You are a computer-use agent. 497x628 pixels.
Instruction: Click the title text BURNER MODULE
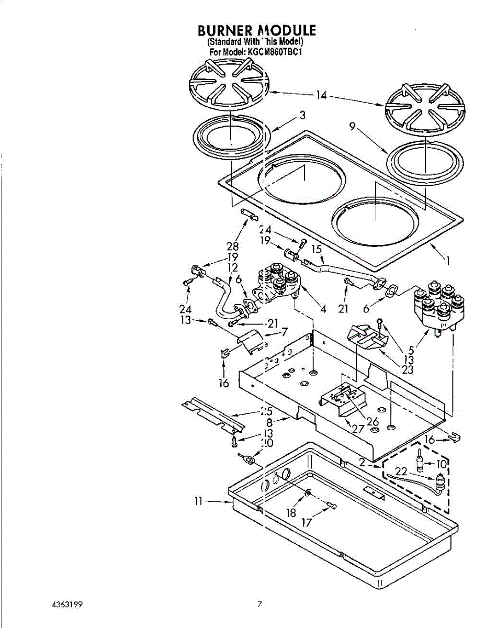[x=257, y=30]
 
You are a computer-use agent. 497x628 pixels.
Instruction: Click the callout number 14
[x=322, y=95]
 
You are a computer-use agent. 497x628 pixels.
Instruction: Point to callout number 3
[x=302, y=115]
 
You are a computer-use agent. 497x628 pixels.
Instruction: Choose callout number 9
[x=354, y=126]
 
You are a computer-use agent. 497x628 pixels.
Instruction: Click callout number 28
[x=233, y=246]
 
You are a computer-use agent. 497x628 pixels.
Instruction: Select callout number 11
[x=198, y=501]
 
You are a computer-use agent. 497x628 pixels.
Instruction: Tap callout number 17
[x=308, y=522]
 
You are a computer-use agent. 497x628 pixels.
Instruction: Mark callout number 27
[x=358, y=429]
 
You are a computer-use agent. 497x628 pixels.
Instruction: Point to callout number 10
[x=442, y=464]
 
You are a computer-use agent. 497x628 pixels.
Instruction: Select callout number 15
[x=317, y=249]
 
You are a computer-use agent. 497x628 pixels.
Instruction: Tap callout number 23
[x=408, y=369]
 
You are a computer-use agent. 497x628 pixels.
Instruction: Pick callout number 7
[x=285, y=332]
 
